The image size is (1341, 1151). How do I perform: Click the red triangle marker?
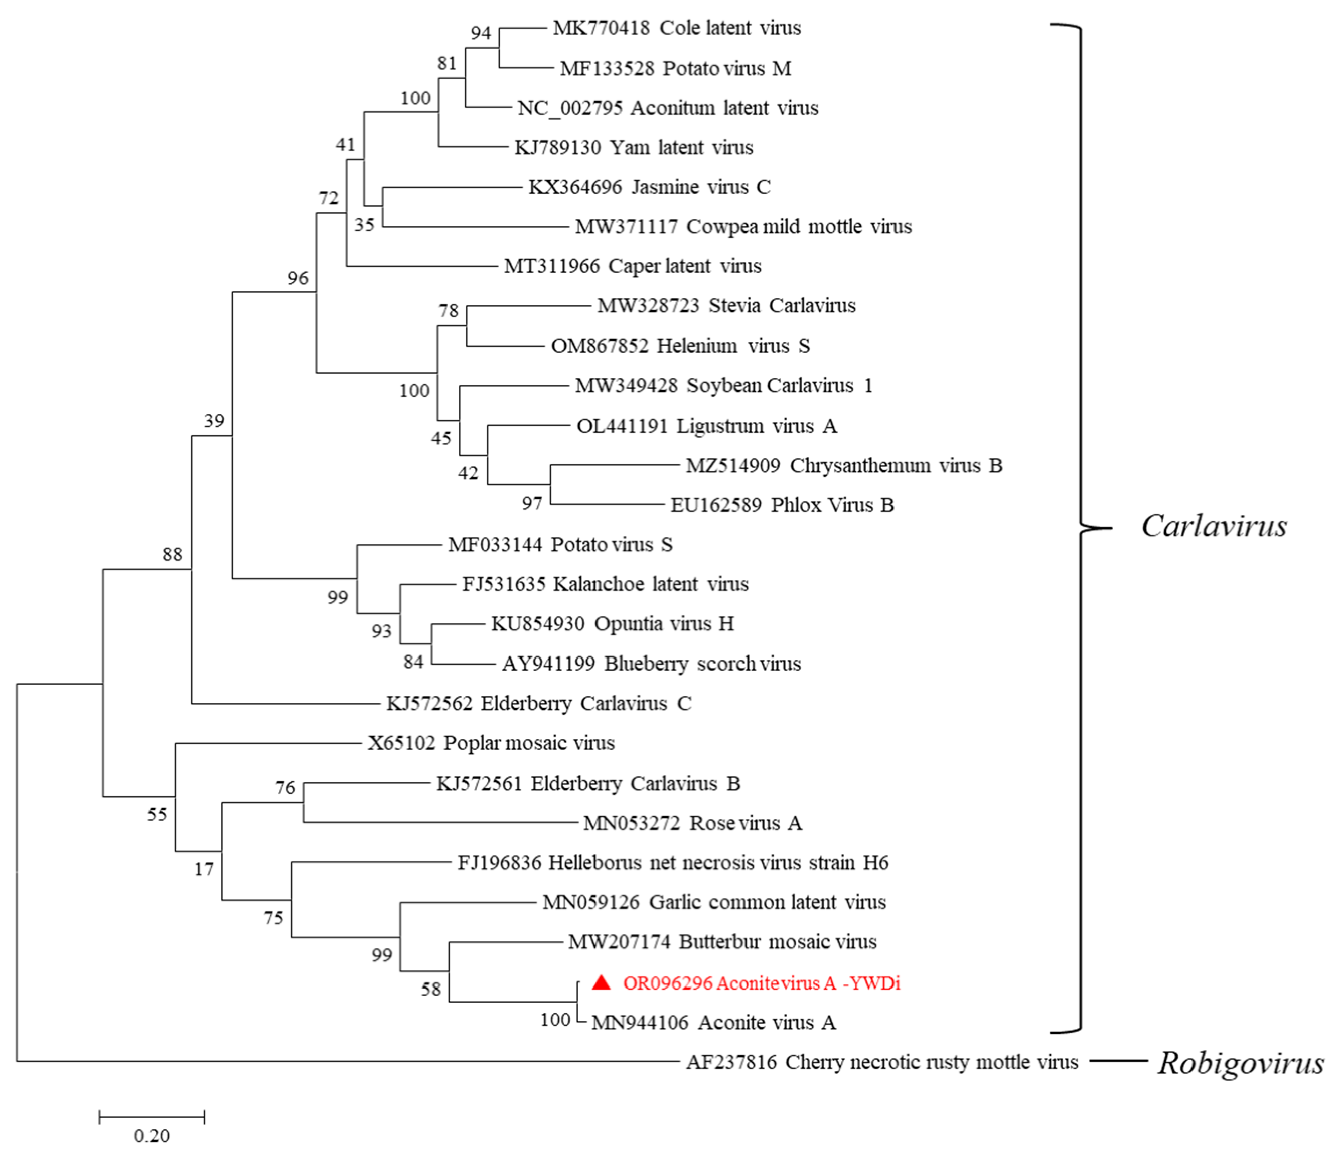[x=601, y=983]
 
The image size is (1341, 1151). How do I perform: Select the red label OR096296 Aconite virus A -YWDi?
[x=761, y=983]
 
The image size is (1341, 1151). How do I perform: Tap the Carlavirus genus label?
[x=1214, y=526]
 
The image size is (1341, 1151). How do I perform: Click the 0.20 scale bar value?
[x=152, y=1135]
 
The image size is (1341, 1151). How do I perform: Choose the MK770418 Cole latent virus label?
[x=676, y=28]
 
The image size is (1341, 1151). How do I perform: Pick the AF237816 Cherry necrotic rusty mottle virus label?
[x=881, y=1062]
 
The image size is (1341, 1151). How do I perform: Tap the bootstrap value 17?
[x=204, y=869]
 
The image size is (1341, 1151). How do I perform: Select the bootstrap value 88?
[x=172, y=555]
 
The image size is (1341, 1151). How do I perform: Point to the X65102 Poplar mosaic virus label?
[x=491, y=743]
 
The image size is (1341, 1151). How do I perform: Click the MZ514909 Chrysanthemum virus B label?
[x=843, y=466]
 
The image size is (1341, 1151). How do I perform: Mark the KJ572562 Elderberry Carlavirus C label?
[x=538, y=703]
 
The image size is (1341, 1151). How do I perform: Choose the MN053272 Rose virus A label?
[x=692, y=823]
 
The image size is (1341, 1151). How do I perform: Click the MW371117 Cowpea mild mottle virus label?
[x=743, y=227]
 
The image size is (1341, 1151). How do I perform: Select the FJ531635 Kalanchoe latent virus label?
[x=605, y=585]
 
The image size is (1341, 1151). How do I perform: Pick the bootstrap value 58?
[x=431, y=989]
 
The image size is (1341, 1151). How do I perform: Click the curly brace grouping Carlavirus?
[x=1080, y=527]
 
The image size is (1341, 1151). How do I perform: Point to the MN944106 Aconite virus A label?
[x=713, y=1022]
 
